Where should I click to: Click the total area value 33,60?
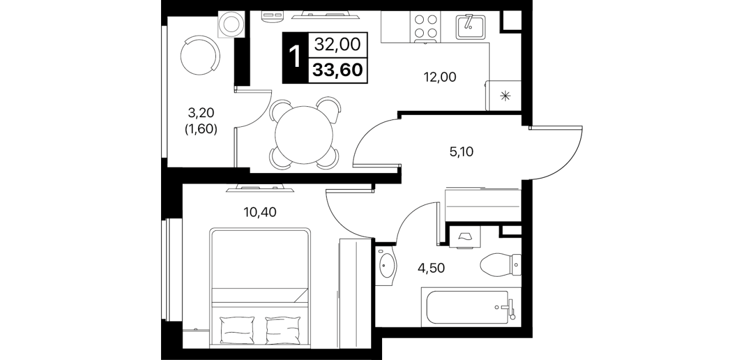pyautogui.click(x=338, y=70)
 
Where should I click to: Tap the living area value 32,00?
pyautogui.click(x=338, y=44)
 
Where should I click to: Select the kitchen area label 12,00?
pyautogui.click(x=440, y=77)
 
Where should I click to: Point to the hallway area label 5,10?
pyautogui.click(x=461, y=151)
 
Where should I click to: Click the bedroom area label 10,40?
pyautogui.click(x=260, y=212)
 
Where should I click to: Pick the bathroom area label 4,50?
pyautogui.click(x=431, y=268)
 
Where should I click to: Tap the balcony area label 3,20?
pyautogui.click(x=201, y=113)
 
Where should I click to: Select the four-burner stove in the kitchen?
pyautogui.click(x=425, y=27)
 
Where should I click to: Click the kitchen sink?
pyautogui.click(x=471, y=26)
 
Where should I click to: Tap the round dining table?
pyautogui.click(x=303, y=135)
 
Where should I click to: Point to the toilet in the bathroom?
pyautogui.click(x=500, y=265)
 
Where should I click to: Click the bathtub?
pyautogui.click(x=471, y=307)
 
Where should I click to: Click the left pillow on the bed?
pyautogui.click(x=237, y=330)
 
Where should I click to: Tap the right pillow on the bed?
pyautogui.click(x=283, y=330)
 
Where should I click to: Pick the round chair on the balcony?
pyautogui.click(x=200, y=56)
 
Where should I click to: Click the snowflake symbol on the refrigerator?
pyautogui.click(x=505, y=96)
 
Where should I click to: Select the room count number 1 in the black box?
pyautogui.click(x=295, y=57)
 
